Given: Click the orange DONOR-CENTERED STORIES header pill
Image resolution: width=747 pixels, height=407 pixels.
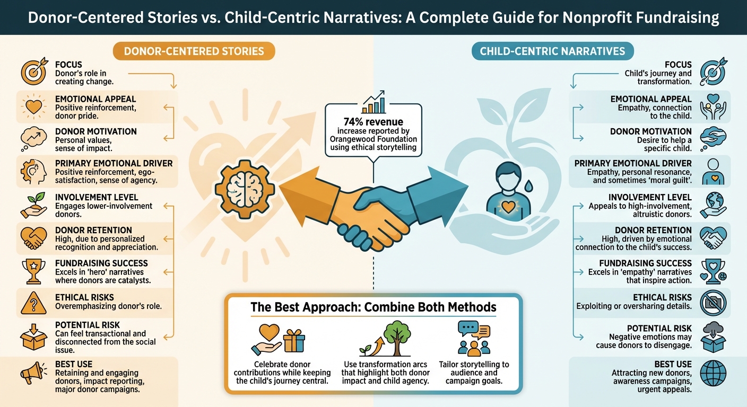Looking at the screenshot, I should coord(194,51).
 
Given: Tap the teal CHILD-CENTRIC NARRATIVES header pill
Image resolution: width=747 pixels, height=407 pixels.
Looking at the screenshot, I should coord(552,51).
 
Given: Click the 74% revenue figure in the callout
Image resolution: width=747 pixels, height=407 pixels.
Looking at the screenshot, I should coord(373,121).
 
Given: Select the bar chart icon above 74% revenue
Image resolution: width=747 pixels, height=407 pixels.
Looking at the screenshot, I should coord(373,102).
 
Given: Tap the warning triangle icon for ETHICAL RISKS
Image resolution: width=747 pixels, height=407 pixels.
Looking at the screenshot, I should coord(33,303).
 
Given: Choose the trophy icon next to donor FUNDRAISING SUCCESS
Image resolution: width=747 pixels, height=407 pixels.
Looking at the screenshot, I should coord(33,270).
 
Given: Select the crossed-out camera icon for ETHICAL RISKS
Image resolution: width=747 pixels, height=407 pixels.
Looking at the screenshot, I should coord(714,303).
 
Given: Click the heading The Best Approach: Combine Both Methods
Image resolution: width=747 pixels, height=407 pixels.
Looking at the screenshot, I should coord(373,307).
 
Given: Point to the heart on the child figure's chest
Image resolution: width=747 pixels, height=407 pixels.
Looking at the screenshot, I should coord(508,206).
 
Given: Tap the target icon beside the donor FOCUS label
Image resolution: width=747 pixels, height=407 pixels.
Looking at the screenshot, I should coord(33,73).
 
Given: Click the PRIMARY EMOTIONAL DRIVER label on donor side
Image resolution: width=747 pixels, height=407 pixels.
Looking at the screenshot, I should coord(114,164).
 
